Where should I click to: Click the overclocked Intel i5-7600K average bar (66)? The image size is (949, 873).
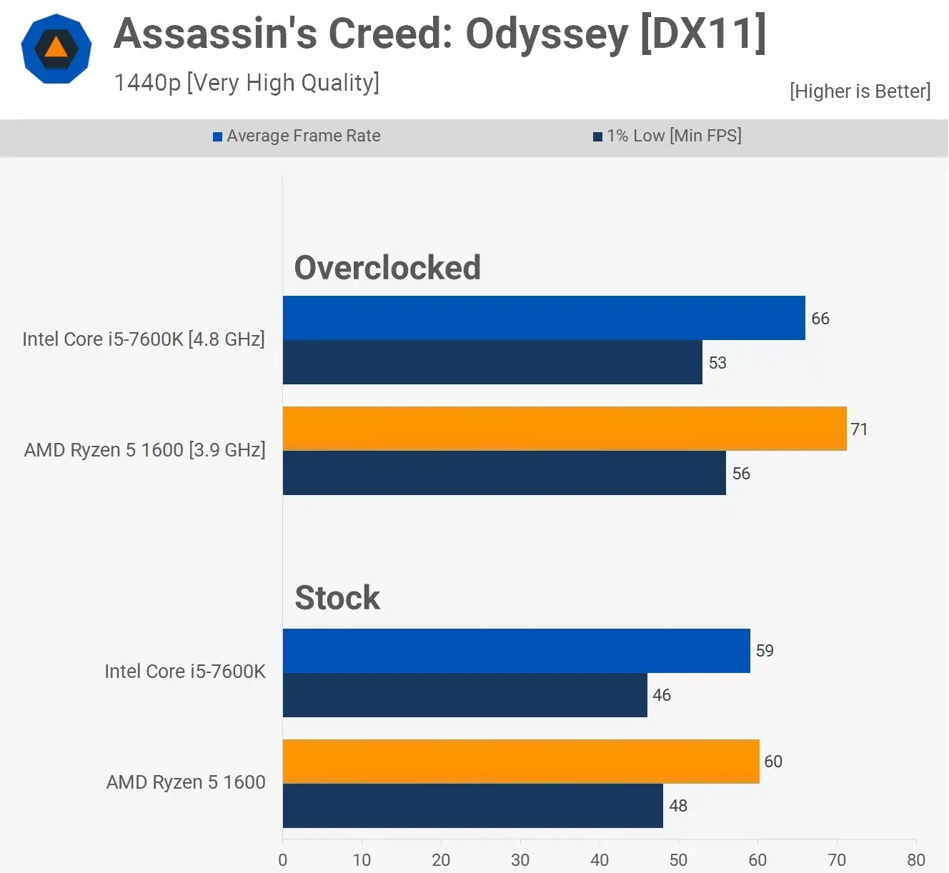coord(543,318)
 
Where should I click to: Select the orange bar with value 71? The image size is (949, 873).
coord(565,429)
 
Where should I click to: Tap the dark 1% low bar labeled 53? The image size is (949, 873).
coord(492,362)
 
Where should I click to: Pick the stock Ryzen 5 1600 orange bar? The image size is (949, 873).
coord(521,762)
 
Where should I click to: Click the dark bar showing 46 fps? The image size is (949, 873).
coord(464,695)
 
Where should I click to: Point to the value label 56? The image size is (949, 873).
coord(741,474)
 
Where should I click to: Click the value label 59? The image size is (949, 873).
coord(765,651)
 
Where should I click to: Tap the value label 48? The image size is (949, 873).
coord(678,806)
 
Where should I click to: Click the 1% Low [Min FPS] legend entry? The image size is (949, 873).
coord(667,136)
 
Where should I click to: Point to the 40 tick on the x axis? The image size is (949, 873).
coord(600,859)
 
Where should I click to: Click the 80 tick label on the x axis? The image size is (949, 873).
coord(916,859)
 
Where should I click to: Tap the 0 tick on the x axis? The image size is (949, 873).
coord(283,859)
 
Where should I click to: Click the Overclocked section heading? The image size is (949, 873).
coord(387,268)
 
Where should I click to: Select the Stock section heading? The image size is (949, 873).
coord(337,598)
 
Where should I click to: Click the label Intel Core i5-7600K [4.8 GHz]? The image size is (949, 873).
coord(144,339)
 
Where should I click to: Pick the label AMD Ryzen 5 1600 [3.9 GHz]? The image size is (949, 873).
coord(144,450)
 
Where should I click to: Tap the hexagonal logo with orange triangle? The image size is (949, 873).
coord(56,49)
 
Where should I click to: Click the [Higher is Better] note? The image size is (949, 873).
coord(860,91)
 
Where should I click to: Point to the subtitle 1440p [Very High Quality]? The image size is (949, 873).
coord(247,83)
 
